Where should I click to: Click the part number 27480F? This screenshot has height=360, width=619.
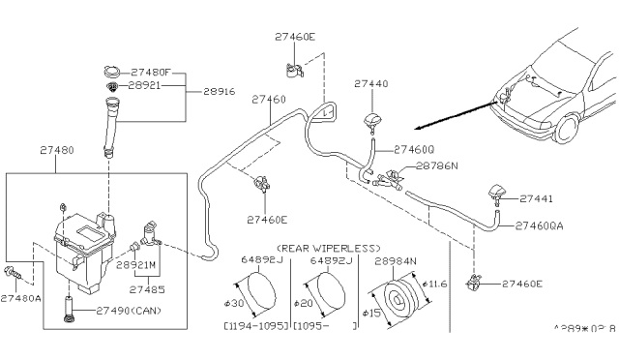point(154,71)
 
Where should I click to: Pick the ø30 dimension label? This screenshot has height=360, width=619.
point(235,291)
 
